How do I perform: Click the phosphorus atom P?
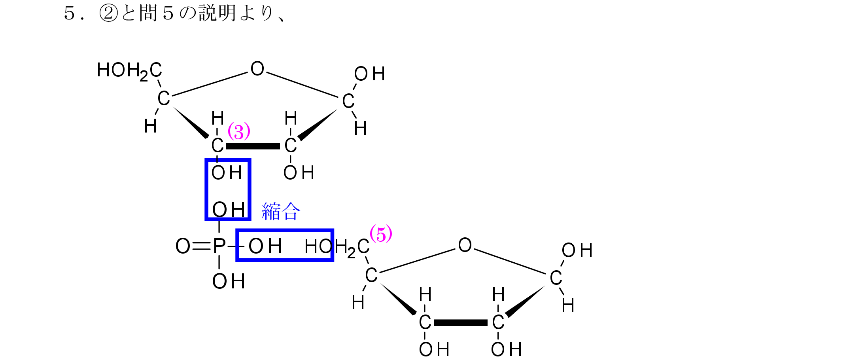[x=219, y=246]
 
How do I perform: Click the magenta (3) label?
[x=239, y=131]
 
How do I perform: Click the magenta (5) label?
[x=381, y=234]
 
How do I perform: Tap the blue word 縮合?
[x=281, y=211]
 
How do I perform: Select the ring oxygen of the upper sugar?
[x=257, y=69]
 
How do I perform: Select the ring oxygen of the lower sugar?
[x=465, y=245]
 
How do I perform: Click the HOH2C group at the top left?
[x=129, y=71]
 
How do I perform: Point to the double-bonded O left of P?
[x=183, y=246]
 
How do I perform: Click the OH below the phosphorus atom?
[x=229, y=282]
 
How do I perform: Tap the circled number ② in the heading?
[x=109, y=13]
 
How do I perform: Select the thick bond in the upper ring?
[x=253, y=146]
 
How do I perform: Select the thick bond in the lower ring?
[x=461, y=323]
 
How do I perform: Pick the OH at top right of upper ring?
[x=369, y=74]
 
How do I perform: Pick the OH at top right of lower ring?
[x=577, y=250]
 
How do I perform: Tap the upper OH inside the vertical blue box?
[x=227, y=173]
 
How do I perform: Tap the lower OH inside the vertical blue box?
[x=229, y=210]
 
